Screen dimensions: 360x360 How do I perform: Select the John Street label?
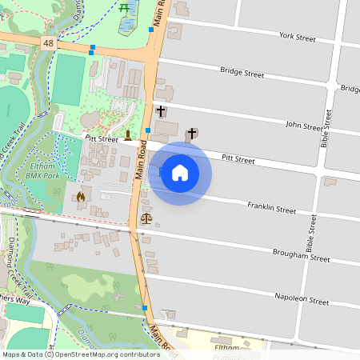[303, 126]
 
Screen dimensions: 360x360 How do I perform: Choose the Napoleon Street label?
[303, 302]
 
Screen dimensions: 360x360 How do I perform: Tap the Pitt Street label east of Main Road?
[238, 160]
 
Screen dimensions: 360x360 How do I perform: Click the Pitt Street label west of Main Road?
[101, 138]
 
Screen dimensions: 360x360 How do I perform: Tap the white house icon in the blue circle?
[180, 172]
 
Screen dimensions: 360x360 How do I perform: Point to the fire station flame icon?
[80, 196]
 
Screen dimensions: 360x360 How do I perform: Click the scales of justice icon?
[146, 218]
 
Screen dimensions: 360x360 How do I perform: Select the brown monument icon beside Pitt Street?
[127, 133]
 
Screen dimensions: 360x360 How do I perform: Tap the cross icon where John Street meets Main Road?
[161, 110]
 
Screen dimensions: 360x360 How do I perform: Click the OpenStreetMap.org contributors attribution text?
[106, 354]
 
